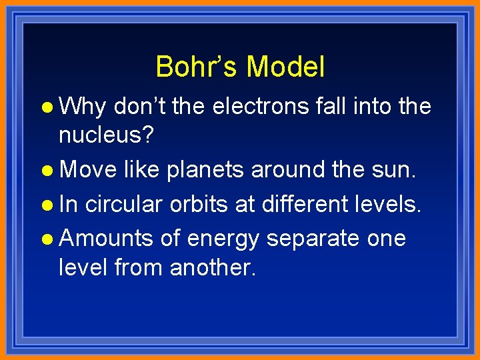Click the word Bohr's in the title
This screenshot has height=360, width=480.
(x=197, y=67)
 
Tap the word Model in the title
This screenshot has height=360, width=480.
(x=285, y=67)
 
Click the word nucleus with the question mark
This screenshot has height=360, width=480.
(x=107, y=136)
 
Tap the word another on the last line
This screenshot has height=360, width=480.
(x=213, y=268)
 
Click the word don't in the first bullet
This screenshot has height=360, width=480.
(x=140, y=106)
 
